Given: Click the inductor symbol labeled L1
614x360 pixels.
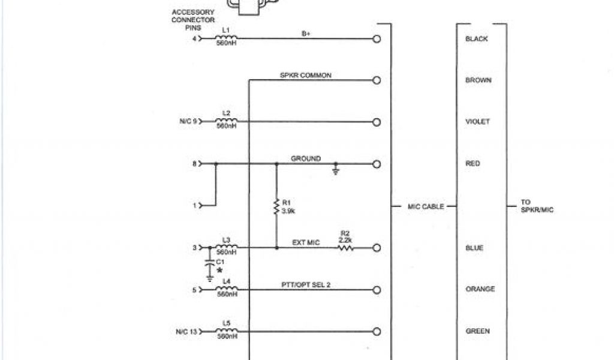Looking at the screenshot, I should click(226, 38).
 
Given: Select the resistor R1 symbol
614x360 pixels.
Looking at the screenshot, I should click(276, 208).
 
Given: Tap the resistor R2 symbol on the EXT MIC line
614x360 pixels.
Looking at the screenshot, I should click(345, 247).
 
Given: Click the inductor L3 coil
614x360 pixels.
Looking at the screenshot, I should click(226, 247).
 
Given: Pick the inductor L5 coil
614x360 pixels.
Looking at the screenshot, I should click(226, 331).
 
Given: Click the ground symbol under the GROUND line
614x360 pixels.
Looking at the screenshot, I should click(336, 171).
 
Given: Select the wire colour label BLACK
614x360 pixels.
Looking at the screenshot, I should click(477, 39).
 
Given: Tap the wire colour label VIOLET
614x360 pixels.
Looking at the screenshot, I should click(477, 122).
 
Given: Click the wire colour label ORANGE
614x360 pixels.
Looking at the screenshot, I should click(480, 289).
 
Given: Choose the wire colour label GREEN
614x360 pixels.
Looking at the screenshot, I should click(478, 331).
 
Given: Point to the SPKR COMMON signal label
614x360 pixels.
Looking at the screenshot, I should click(306, 76).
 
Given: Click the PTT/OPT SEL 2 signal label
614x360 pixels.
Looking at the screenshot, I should click(306, 284).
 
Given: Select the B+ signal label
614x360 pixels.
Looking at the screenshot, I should click(306, 34).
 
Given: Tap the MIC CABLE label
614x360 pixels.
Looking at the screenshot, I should click(426, 206).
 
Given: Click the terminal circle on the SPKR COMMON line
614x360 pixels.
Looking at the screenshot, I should click(377, 80).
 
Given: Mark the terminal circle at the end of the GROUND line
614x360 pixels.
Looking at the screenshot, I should click(377, 164).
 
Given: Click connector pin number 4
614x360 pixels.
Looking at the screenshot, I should click(194, 39).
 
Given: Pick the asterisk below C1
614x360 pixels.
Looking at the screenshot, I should click(219, 271).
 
